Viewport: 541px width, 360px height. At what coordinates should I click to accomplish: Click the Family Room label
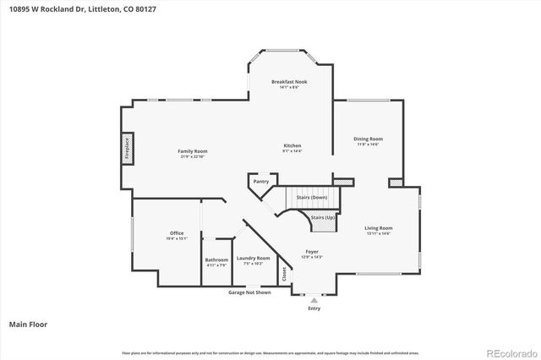[x=192, y=151]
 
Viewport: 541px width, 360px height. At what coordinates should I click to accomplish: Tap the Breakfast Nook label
[x=289, y=82]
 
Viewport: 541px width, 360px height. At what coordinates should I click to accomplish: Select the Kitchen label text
[x=292, y=145]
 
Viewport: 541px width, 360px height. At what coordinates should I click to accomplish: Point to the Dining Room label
[x=368, y=139]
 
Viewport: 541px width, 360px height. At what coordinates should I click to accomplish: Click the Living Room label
[x=379, y=228]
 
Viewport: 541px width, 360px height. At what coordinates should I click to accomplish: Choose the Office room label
[x=177, y=233]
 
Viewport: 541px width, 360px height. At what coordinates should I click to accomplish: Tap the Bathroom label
[x=216, y=260]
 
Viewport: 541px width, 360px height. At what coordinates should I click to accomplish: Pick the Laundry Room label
[x=253, y=258]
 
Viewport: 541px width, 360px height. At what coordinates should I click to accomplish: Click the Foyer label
[x=312, y=252]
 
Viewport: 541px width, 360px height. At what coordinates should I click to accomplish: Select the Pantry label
[x=261, y=181]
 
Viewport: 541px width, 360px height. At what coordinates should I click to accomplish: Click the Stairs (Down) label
[x=312, y=197]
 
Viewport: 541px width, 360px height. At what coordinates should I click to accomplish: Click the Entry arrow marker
[x=314, y=299]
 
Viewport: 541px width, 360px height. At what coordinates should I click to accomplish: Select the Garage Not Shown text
[x=250, y=292]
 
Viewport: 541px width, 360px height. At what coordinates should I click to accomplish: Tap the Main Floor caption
[x=27, y=324]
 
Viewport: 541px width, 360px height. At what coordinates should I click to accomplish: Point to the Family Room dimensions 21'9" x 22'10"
[x=192, y=156]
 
